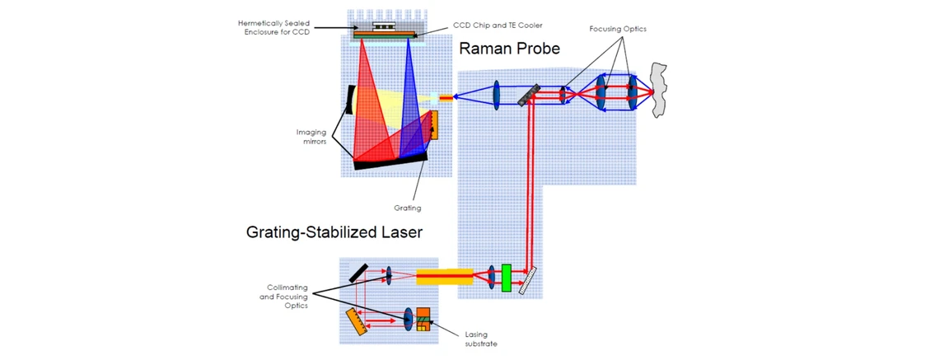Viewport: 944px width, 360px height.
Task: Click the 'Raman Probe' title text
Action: click(x=509, y=49)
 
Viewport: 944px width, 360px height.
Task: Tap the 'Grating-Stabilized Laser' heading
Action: click(x=334, y=233)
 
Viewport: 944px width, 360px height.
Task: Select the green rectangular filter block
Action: click(x=507, y=277)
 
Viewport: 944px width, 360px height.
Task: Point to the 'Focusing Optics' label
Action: click(x=618, y=29)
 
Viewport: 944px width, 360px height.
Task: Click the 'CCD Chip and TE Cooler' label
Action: click(x=498, y=26)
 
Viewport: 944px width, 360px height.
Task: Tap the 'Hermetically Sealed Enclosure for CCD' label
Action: click(x=270, y=27)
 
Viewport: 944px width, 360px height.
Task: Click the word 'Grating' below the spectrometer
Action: click(x=407, y=208)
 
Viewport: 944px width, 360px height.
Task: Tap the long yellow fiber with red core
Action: click(x=444, y=277)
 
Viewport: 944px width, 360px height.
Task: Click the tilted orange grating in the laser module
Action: click(x=356, y=320)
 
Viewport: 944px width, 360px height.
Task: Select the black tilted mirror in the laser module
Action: click(x=358, y=273)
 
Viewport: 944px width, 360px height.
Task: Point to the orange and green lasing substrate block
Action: click(x=423, y=319)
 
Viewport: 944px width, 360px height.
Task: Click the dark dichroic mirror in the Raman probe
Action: click(x=529, y=95)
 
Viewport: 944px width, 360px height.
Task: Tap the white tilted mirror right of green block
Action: click(x=528, y=279)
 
